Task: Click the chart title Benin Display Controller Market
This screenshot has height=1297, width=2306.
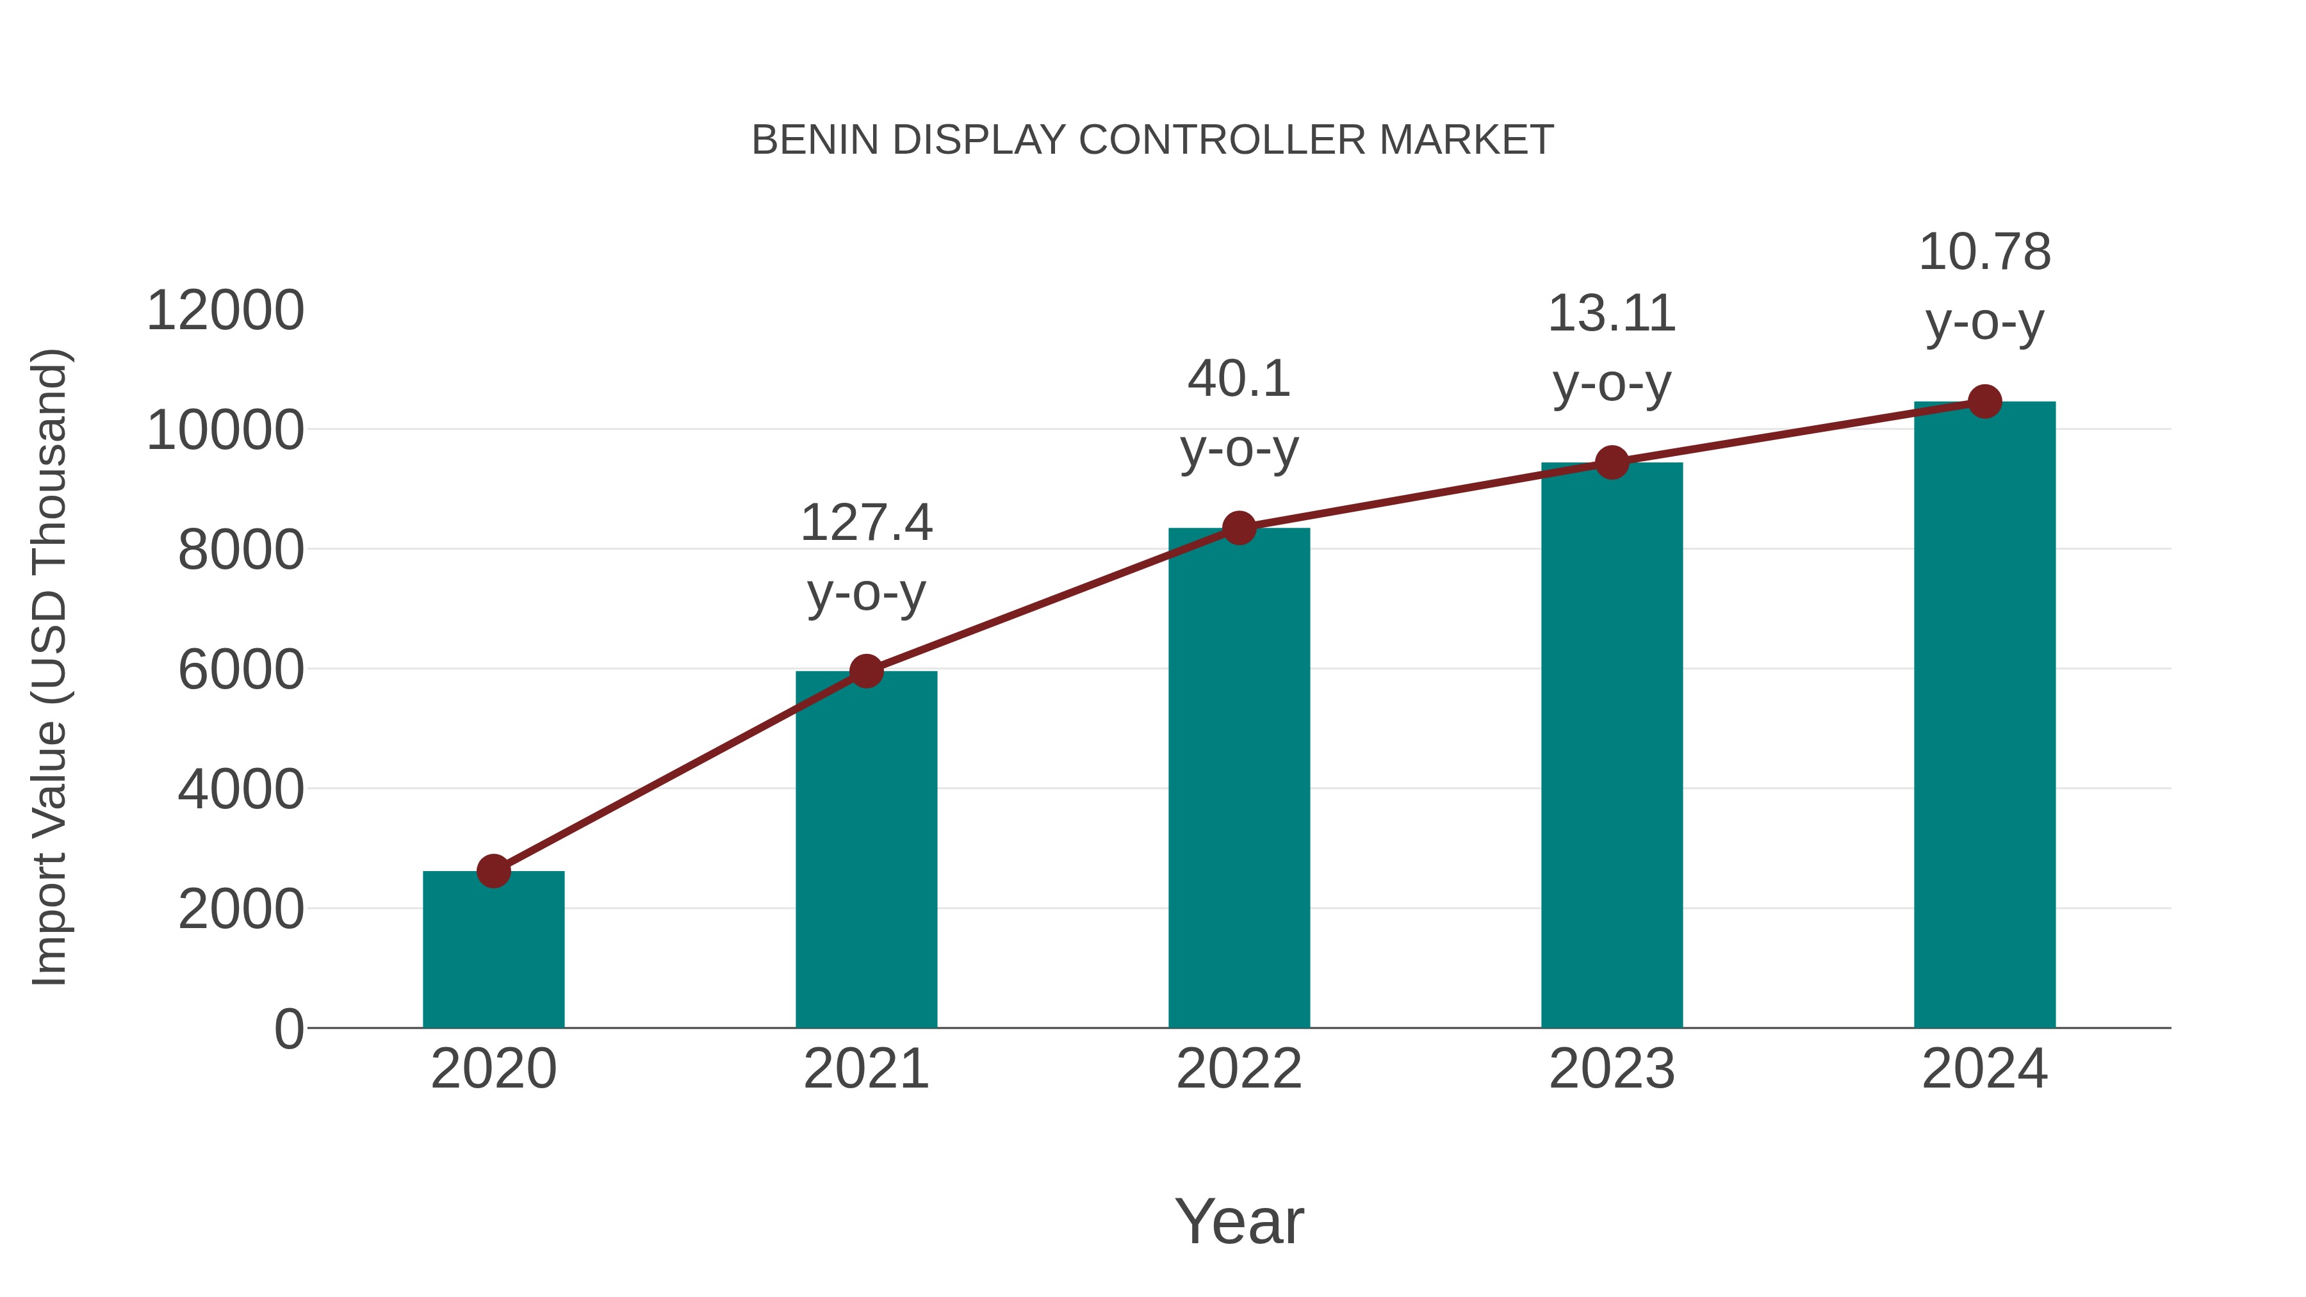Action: pos(1152,140)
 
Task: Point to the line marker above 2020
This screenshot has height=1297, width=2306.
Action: pos(493,871)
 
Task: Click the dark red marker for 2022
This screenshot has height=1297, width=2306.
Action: pos(1239,528)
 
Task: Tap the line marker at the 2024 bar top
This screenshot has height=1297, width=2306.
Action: pos(1984,402)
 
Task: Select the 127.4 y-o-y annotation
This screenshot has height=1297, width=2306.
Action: pos(865,558)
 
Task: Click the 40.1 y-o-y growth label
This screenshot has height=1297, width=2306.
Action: pos(1239,414)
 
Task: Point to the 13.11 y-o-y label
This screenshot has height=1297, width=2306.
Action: pos(1612,348)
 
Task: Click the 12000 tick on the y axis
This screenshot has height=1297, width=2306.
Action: pos(225,311)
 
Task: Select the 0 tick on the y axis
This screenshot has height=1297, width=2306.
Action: pos(288,1029)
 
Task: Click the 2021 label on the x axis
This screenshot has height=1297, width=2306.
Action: pos(865,1069)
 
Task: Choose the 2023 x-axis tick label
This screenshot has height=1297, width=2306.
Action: pos(1612,1069)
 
